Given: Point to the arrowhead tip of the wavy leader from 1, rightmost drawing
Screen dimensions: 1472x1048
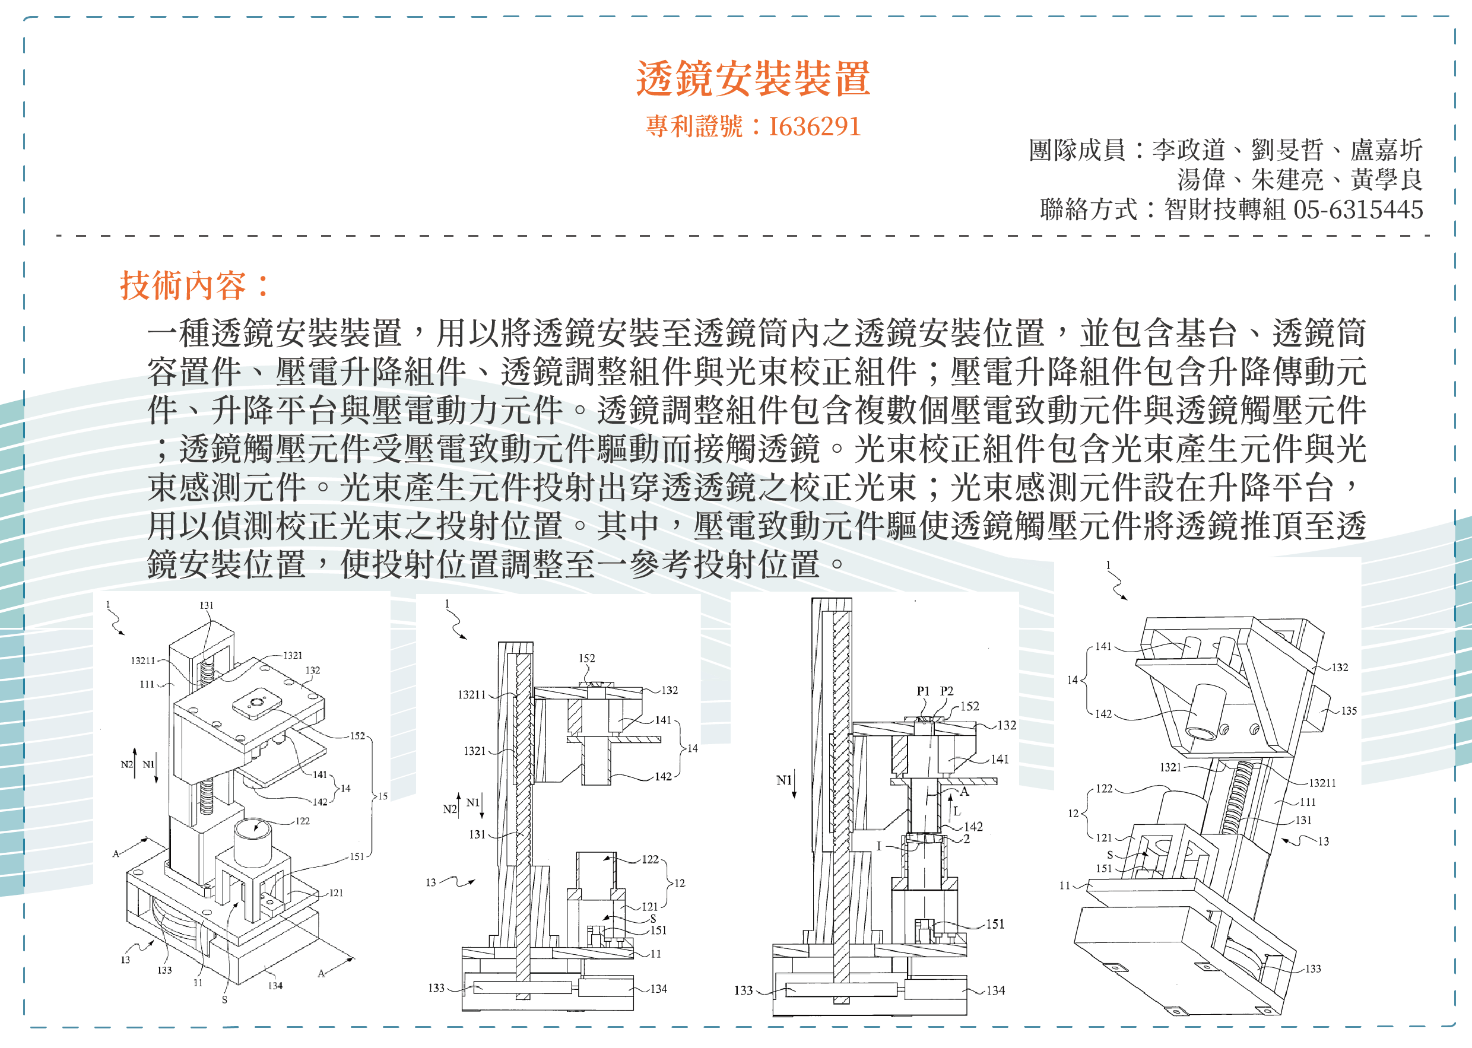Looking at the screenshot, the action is click(1127, 599).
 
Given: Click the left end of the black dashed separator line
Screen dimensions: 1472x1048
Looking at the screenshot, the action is click(57, 236).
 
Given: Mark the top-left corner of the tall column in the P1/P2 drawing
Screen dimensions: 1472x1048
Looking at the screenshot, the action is click(811, 598).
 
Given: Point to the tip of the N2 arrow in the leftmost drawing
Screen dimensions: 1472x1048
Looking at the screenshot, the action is click(135, 748).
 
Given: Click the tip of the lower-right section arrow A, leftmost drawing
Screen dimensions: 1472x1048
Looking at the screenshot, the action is click(355, 958).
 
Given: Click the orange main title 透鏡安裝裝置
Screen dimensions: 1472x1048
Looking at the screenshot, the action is click(753, 79).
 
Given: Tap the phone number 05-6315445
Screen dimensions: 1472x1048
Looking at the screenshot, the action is click(1359, 209).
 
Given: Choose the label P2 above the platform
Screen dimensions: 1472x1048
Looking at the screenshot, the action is click(946, 691).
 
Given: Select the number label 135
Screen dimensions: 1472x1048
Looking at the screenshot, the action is click(1349, 710).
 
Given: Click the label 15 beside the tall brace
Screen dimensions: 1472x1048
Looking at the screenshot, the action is click(383, 796).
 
